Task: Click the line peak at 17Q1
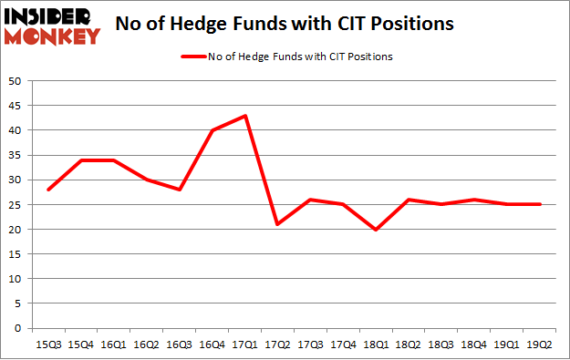pyautogui.click(x=244, y=116)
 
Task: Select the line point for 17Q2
pyautogui.click(x=277, y=224)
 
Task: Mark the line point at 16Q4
pyautogui.click(x=212, y=130)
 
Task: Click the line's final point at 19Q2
pyautogui.click(x=539, y=204)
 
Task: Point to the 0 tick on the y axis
pyautogui.click(x=17, y=328)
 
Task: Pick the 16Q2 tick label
pyautogui.click(x=146, y=344)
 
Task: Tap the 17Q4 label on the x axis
pyautogui.click(x=343, y=344)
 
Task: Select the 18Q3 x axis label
pyautogui.click(x=441, y=344)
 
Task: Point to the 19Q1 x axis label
pyautogui.click(x=507, y=344)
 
